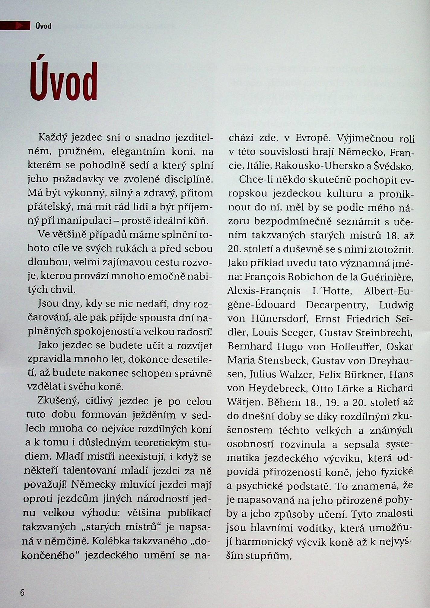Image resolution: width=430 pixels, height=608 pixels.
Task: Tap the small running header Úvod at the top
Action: (43, 26)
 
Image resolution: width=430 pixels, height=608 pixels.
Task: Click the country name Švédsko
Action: (394, 166)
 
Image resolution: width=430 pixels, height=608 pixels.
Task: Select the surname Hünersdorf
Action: (282, 319)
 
